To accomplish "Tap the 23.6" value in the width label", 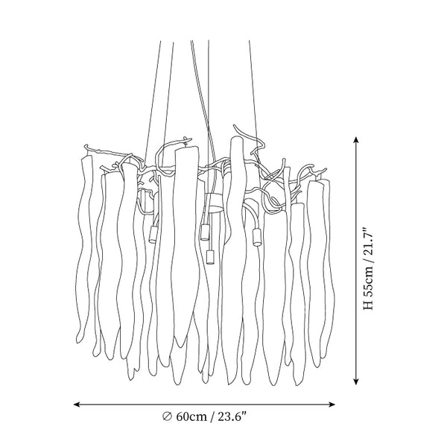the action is coord(232,416).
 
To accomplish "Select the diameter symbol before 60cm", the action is coord(168,416).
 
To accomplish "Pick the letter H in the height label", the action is coord(368,305).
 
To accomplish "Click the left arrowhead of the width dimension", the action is coord(77,405).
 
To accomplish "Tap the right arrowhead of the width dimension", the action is coord(332,405).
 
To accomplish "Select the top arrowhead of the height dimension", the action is coord(355,140).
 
